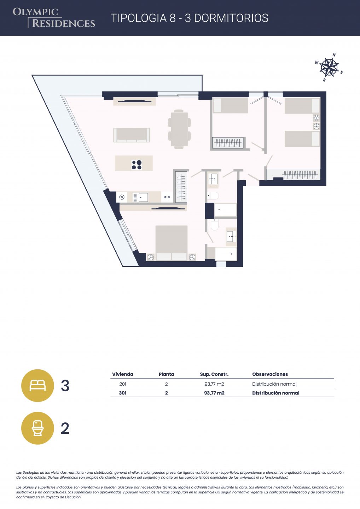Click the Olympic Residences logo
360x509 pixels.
(54, 18)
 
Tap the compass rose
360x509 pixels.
(329, 67)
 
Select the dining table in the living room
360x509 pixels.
(179, 129)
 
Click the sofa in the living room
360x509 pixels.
(132, 135)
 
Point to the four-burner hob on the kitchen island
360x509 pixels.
(137, 165)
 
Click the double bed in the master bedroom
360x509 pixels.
(172, 243)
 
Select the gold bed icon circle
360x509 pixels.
(37, 386)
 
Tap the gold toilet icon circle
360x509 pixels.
(37, 428)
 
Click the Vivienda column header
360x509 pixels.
(123, 374)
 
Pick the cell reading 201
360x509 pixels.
(123, 384)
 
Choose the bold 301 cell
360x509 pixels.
(123, 393)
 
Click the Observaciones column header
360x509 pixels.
(270, 374)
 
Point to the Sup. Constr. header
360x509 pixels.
(214, 374)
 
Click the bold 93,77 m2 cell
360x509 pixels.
(214, 393)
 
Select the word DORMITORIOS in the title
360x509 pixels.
(231, 18)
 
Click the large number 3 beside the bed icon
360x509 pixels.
(65, 386)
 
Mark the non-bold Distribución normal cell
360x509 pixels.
(274, 384)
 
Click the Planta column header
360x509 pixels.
(166, 374)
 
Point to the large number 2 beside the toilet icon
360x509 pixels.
(65, 428)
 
